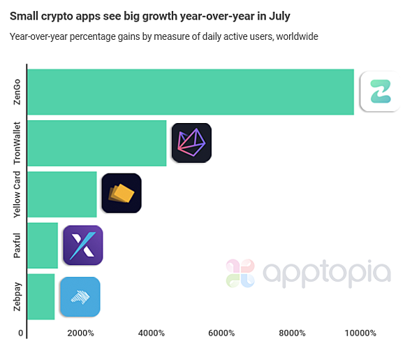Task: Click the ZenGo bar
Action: (190, 92)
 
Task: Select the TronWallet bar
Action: (97, 143)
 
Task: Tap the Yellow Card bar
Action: (62, 194)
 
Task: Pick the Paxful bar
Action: (43, 245)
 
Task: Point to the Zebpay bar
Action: (41, 296)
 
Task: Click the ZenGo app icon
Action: (379, 92)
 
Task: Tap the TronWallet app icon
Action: (191, 143)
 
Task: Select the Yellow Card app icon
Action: (122, 194)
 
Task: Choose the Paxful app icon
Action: (83, 245)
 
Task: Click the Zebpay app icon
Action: (80, 296)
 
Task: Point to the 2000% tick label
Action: (80, 333)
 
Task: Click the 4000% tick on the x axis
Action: (151, 333)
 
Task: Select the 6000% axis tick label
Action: (221, 333)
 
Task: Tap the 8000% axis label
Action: (292, 333)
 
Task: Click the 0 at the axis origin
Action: (21, 333)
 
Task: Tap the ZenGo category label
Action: (17, 92)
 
